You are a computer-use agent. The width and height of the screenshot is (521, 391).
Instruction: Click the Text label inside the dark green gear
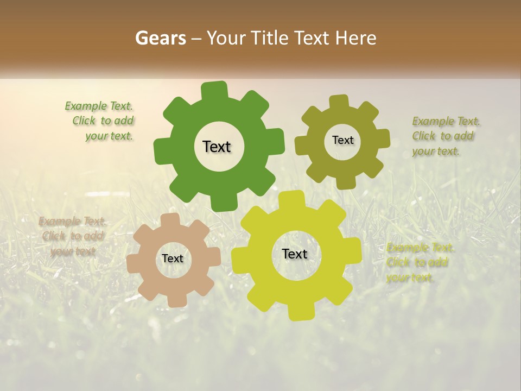tap(217, 147)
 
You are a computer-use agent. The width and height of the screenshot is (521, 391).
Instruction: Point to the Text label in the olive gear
tap(342, 140)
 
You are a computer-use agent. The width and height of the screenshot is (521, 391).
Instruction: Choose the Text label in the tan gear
tap(173, 259)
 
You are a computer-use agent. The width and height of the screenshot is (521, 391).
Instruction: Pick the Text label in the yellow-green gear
tap(295, 254)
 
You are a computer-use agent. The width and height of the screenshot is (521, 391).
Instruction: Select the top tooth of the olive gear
tap(339, 102)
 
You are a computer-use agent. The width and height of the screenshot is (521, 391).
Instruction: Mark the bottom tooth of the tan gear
tap(176, 299)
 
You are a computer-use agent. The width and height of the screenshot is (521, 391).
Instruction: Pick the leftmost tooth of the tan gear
tap(134, 263)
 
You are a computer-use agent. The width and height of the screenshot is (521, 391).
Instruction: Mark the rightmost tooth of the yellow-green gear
tap(353, 250)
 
